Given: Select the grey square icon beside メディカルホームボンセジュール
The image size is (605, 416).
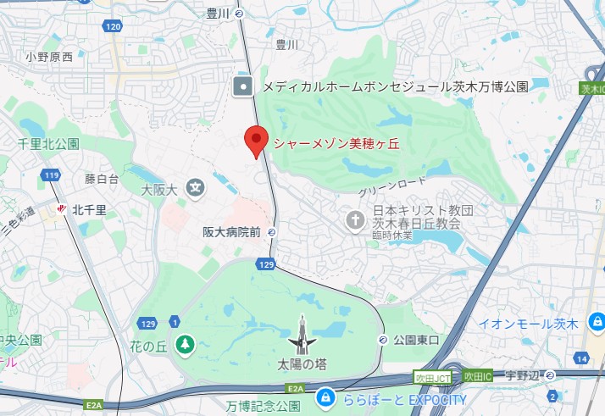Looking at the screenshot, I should point(244,86).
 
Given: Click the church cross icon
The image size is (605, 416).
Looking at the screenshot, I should point(357,220).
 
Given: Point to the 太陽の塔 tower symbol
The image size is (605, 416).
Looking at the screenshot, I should point(302,336).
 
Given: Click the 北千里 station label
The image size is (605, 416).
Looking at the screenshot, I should point(88,208).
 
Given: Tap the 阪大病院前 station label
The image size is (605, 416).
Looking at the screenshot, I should point(230,230).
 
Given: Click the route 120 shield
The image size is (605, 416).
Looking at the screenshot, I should point(114,27).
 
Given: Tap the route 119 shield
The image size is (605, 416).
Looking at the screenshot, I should point(52,175).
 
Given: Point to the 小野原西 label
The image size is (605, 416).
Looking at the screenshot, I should point(48,57).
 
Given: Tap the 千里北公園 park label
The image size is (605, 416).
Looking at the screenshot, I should point(48,144).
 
